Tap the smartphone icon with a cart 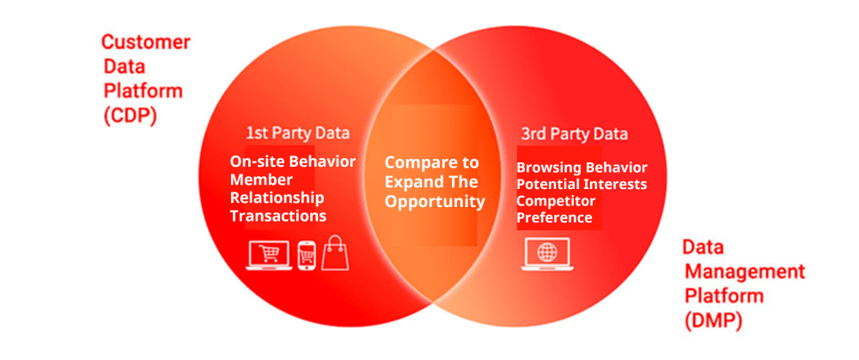click(x=307, y=254)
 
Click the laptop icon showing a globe click(x=545, y=253)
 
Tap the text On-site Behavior click(x=292, y=162)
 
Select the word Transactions click(x=277, y=216)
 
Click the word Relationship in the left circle click(x=277, y=198)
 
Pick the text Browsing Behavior click(x=582, y=168)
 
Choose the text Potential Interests click(x=582, y=184)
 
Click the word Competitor click(x=556, y=201)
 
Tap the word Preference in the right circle click(x=554, y=217)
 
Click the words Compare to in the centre click(x=431, y=162)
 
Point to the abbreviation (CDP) click(x=130, y=116)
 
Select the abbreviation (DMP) click(x=712, y=321)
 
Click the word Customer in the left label click(x=146, y=42)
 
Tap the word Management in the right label click(x=744, y=272)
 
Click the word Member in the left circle click(x=261, y=180)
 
